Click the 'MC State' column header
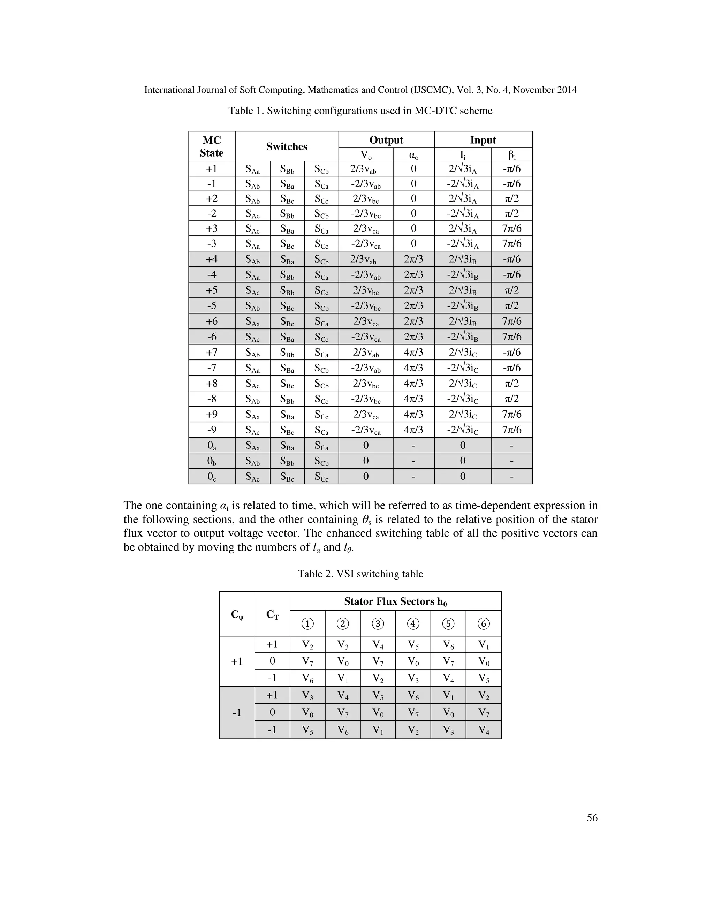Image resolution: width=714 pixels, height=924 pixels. click(212, 146)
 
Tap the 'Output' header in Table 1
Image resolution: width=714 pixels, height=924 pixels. click(386, 140)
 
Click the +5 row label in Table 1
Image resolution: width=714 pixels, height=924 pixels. click(212, 290)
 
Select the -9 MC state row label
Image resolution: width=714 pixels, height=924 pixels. click(212, 430)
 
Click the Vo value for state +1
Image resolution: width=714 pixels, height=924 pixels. click(365, 169)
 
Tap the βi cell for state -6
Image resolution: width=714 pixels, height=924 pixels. click(511, 337)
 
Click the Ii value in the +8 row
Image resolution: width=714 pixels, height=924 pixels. click(462, 383)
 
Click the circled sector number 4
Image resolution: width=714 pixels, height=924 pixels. click(413, 624)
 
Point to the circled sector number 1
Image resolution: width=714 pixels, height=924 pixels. click(307, 624)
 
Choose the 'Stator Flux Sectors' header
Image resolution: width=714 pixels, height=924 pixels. click(395, 601)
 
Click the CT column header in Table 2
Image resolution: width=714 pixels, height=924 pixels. click(272, 614)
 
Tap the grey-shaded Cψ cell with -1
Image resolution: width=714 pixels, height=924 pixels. click(237, 712)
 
